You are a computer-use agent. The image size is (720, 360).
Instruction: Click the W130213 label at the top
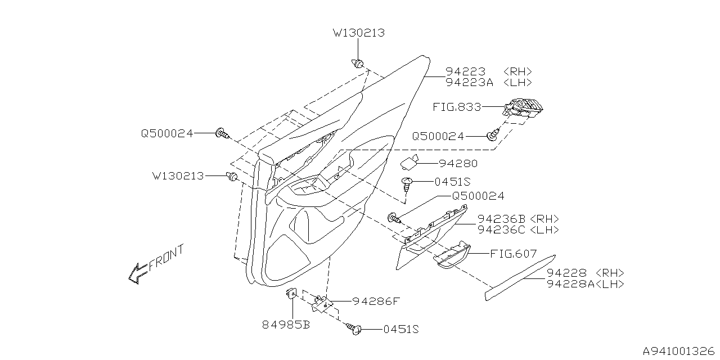(x=359, y=33)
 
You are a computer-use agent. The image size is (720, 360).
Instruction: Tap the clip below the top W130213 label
(x=358, y=62)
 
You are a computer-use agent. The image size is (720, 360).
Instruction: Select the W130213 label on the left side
(x=178, y=176)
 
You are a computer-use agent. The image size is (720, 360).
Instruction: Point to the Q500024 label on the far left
(x=167, y=133)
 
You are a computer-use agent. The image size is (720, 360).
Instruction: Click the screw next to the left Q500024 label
(x=222, y=134)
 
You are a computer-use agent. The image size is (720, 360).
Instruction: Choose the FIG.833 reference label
(x=456, y=106)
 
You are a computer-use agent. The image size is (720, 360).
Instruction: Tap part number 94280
(x=458, y=164)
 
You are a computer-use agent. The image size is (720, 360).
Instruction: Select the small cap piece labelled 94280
(x=412, y=163)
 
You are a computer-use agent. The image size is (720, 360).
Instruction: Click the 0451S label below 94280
(x=452, y=182)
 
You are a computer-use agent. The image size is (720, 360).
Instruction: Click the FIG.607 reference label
(x=513, y=254)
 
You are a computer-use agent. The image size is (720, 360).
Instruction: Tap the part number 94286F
(x=375, y=301)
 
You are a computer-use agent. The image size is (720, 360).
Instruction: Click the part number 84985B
(x=286, y=325)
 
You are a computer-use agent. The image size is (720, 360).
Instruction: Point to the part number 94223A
(x=469, y=82)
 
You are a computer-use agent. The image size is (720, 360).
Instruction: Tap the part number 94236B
(x=502, y=219)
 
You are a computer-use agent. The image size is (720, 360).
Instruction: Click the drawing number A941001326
(x=678, y=350)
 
